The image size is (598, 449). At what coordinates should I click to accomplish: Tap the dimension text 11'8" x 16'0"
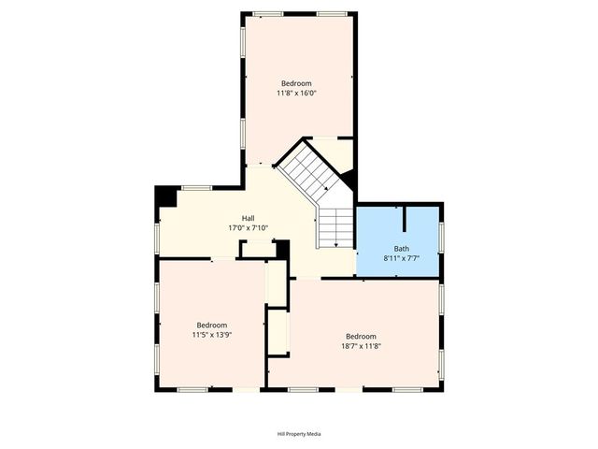click(296, 93)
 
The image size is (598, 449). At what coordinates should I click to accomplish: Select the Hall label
click(248, 218)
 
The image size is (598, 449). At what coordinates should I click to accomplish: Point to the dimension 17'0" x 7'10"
click(248, 228)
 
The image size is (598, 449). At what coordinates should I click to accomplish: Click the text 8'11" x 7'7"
click(401, 257)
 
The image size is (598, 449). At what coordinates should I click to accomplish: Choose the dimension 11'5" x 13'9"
click(212, 334)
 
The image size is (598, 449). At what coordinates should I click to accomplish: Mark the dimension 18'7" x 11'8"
click(362, 346)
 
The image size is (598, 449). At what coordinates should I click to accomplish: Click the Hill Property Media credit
click(299, 434)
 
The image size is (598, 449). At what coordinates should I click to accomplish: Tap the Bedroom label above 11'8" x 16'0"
click(296, 83)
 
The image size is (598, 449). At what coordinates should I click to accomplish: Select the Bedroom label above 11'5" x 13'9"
click(212, 325)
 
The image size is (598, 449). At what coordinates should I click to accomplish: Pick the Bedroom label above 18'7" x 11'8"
click(361, 337)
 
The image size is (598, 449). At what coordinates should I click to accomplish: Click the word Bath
click(401, 248)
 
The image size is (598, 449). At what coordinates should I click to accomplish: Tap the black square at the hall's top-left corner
click(166, 196)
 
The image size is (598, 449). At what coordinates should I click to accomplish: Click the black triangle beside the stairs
click(347, 179)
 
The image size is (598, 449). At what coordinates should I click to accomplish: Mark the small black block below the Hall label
click(283, 250)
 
